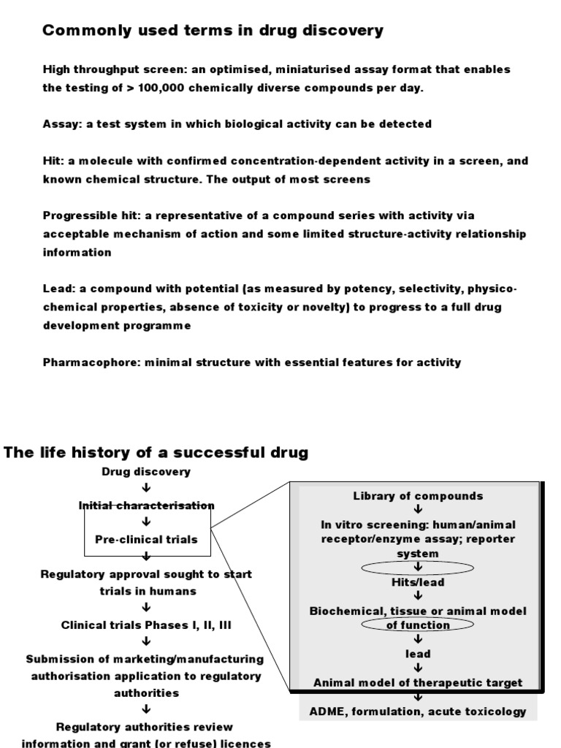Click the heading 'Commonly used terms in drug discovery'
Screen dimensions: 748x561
tap(213, 31)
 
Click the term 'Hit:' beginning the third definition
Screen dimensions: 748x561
tap(53, 161)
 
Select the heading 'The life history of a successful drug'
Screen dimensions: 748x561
tap(156, 452)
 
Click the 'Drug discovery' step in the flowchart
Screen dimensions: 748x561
tap(146, 472)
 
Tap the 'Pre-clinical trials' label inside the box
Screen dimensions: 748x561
tap(147, 539)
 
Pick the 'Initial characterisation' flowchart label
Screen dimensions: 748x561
tap(147, 505)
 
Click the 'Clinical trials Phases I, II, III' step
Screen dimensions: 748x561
tap(147, 625)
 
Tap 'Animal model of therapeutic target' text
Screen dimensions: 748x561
tap(418, 682)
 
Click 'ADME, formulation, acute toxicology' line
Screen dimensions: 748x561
tap(418, 711)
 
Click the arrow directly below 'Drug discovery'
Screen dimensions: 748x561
tap(147, 489)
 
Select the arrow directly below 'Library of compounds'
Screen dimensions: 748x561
tap(418, 510)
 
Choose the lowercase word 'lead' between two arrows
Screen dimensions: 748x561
tap(418, 654)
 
